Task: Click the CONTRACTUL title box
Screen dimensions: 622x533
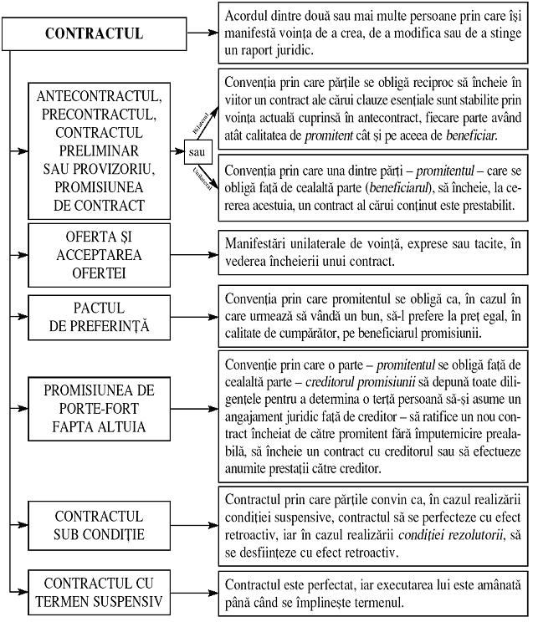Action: point(93,34)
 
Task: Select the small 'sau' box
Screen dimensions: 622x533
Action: point(198,153)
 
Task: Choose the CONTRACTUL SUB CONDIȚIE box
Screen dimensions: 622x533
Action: point(105,524)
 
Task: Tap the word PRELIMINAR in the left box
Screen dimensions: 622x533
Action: point(105,151)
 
